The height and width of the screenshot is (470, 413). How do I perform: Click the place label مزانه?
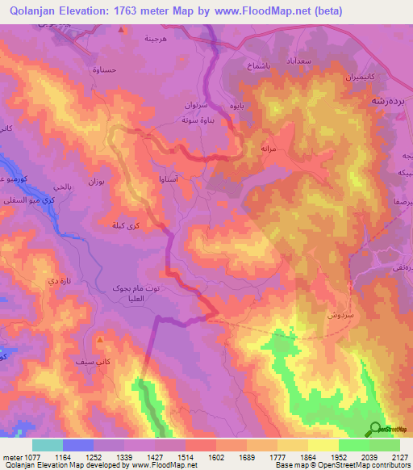pyautogui.click(x=269, y=149)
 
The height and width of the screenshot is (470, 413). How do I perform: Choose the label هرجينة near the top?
pyautogui.click(x=155, y=38)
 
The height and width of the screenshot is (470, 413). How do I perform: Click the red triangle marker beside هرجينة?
pyautogui.click(x=121, y=30)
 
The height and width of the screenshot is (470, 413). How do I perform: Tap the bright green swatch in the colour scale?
pyautogui.click(x=353, y=445)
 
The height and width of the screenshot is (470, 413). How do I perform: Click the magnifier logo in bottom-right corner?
pyautogui.click(x=374, y=429)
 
